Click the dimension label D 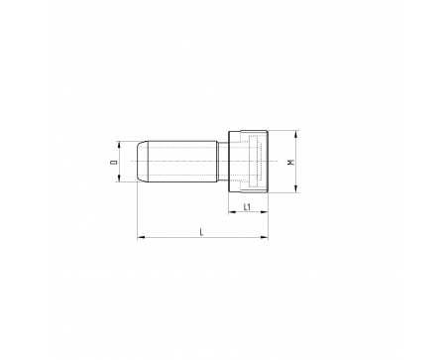point(114,162)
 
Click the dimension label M point(291,162)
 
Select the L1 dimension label point(248,207)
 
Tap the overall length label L point(201,232)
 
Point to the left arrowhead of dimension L point(141,237)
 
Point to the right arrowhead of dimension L point(265,237)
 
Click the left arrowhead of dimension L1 point(232,212)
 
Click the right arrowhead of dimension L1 point(265,212)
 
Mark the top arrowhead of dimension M point(296,134)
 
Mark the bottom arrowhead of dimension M point(296,188)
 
